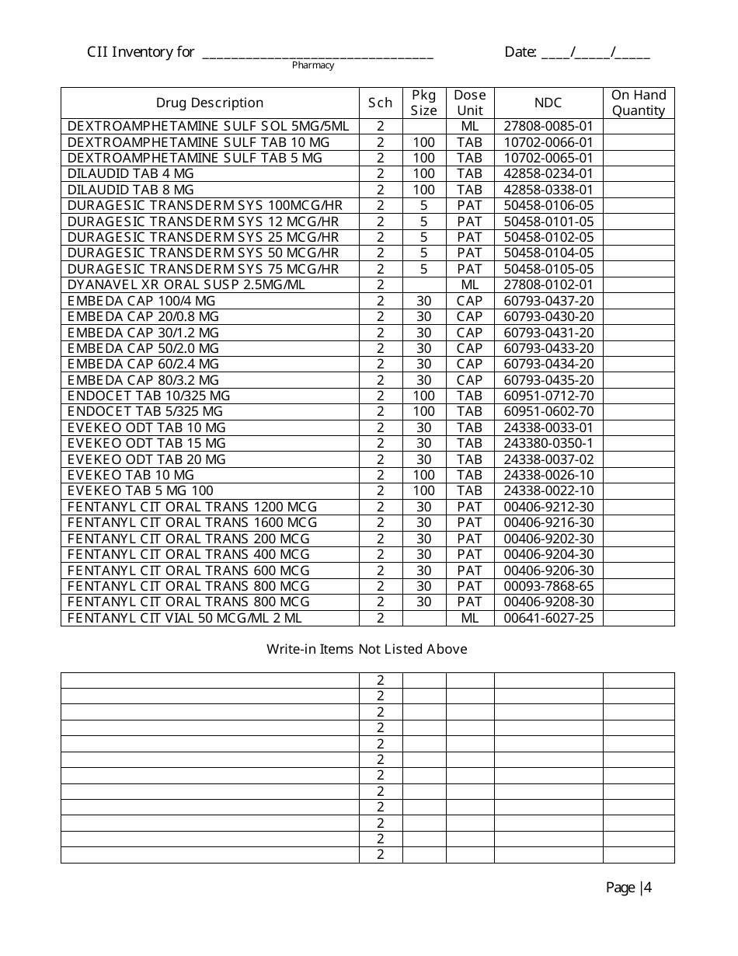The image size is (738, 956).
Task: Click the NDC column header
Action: click(x=548, y=103)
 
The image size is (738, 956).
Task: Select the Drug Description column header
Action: click(x=210, y=103)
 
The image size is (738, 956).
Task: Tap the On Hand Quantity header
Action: click(x=639, y=103)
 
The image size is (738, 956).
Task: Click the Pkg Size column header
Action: click(x=424, y=103)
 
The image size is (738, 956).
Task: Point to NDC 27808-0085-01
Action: click(x=548, y=126)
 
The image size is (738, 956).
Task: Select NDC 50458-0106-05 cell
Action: click(x=548, y=205)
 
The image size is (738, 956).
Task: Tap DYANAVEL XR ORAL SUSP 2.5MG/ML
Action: click(x=186, y=284)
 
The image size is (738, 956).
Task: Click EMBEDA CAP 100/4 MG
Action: click(x=141, y=301)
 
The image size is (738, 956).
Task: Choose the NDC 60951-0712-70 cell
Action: click(x=548, y=396)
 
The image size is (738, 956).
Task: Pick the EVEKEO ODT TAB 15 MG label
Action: click(x=147, y=443)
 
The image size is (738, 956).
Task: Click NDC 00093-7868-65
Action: click(x=548, y=586)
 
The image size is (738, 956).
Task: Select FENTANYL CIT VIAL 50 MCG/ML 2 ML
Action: click(x=185, y=618)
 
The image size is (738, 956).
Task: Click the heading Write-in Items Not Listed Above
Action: click(x=367, y=649)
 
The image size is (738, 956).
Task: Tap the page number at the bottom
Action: click(x=628, y=888)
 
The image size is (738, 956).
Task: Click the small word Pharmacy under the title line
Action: click(x=313, y=65)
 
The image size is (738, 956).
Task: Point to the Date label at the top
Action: click(x=520, y=52)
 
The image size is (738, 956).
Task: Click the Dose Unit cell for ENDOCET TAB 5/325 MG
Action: click(x=469, y=411)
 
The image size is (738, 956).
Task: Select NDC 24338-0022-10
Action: click(x=548, y=490)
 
